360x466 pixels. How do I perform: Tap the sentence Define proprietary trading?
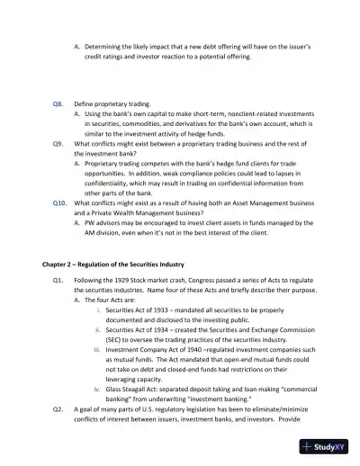click(x=112, y=104)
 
